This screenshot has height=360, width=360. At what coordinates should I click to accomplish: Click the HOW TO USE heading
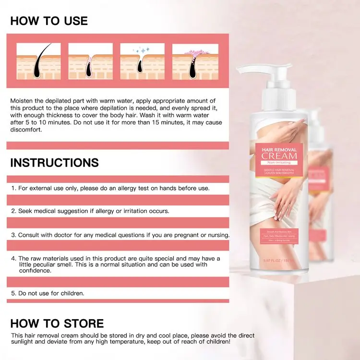pyautogui.click(x=49, y=21)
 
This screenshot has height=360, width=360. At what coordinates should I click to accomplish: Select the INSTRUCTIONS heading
pyautogui.click(x=54, y=162)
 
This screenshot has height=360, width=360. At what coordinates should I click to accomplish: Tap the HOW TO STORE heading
pyautogui.click(x=57, y=323)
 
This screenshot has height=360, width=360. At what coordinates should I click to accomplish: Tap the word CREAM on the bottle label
pyautogui.click(x=279, y=156)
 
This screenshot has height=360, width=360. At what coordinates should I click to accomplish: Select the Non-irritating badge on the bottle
pyautogui.click(x=279, y=163)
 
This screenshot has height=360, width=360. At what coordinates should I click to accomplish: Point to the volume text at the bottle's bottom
pyautogui.click(x=279, y=261)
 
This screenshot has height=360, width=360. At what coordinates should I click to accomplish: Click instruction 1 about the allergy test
pyautogui.click(x=110, y=188)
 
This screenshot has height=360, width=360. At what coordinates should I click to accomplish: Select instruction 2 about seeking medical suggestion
pyautogui.click(x=90, y=211)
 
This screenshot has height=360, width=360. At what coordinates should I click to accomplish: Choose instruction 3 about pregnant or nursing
pyautogui.click(x=120, y=235)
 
